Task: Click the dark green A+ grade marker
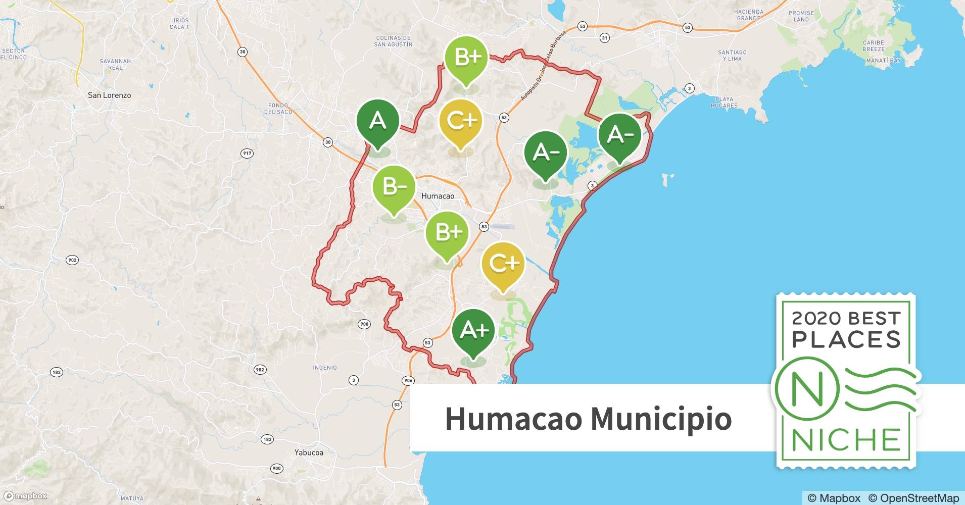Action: point(473,330)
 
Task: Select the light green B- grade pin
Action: point(394,187)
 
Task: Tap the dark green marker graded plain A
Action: point(378,121)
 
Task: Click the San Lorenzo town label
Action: point(109,95)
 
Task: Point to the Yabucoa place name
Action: point(309,452)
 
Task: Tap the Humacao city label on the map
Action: point(438,196)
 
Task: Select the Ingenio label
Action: point(325,368)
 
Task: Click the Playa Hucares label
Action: point(724,103)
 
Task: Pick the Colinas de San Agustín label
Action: point(393,41)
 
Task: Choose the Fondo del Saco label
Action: point(279,109)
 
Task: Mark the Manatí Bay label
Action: point(889,61)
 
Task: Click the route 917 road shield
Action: point(247,153)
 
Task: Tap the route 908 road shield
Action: point(364,324)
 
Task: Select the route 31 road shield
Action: point(605,38)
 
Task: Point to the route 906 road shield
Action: point(408,380)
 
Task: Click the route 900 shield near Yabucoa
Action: point(276,468)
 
